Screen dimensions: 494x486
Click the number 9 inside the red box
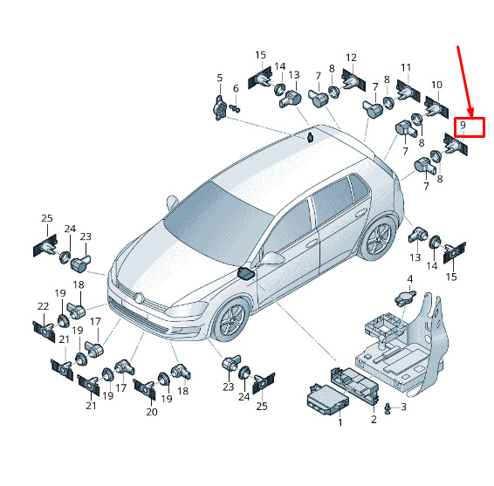pyautogui.click(x=463, y=125)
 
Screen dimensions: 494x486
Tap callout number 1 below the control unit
pyautogui.click(x=340, y=422)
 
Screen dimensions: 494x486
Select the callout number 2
pyautogui.click(x=374, y=419)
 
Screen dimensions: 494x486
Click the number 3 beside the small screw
pyautogui.click(x=403, y=407)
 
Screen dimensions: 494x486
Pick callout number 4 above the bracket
pyautogui.click(x=410, y=279)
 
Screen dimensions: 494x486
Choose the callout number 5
pyautogui.click(x=220, y=78)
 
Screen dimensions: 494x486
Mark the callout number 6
pyautogui.click(x=236, y=88)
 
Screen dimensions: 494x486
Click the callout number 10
pyautogui.click(x=436, y=85)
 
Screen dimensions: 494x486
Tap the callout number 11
pyautogui.click(x=406, y=67)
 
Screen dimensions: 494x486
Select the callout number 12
pyautogui.click(x=351, y=58)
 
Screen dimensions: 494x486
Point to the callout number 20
pyautogui.click(x=152, y=412)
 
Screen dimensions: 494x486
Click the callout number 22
pyautogui.click(x=43, y=306)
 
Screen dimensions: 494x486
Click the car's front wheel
pyautogui.click(x=231, y=318)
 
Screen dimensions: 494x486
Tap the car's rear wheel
pyautogui.click(x=377, y=239)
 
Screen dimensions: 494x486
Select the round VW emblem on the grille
pyautogui.click(x=138, y=298)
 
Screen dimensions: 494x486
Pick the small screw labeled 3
pyautogui.click(x=388, y=408)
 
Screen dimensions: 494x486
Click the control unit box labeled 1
pyautogui.click(x=327, y=400)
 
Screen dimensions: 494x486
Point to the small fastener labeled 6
pyautogui.click(x=235, y=109)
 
